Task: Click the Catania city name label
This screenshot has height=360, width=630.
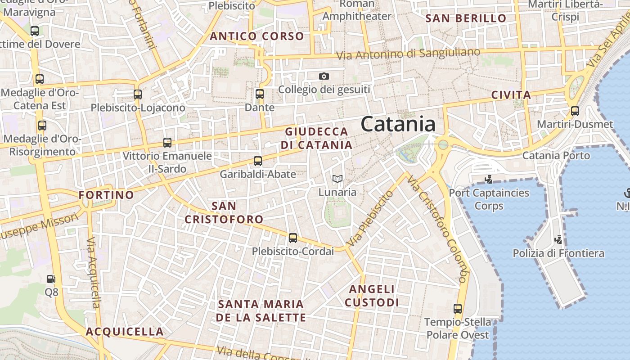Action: tap(398, 124)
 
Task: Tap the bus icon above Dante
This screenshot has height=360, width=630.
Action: tap(260, 94)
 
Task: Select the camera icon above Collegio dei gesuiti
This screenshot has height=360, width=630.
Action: tap(324, 76)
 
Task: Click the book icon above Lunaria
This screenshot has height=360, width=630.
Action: tap(337, 179)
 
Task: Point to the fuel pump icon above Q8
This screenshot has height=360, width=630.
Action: tap(51, 279)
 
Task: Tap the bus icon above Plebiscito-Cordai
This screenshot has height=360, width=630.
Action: tap(293, 238)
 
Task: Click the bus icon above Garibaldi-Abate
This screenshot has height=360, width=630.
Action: tap(258, 161)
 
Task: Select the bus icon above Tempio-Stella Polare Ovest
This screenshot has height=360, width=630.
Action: tap(458, 309)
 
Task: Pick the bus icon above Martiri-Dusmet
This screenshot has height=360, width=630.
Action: tap(575, 111)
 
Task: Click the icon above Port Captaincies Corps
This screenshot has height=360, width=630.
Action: tap(488, 180)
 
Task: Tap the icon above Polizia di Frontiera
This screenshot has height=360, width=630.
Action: tap(558, 239)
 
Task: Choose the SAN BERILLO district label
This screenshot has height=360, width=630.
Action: tap(466, 18)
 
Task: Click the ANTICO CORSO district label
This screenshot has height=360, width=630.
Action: tap(257, 36)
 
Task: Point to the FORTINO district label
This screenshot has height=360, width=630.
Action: tap(106, 195)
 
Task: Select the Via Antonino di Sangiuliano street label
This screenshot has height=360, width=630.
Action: tap(409, 54)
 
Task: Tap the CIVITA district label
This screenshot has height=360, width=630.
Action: tap(511, 95)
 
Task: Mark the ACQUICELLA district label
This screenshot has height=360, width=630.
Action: tap(125, 332)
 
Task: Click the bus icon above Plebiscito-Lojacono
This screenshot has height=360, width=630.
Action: tap(138, 94)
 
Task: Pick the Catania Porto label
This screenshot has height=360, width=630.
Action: tap(556, 156)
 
